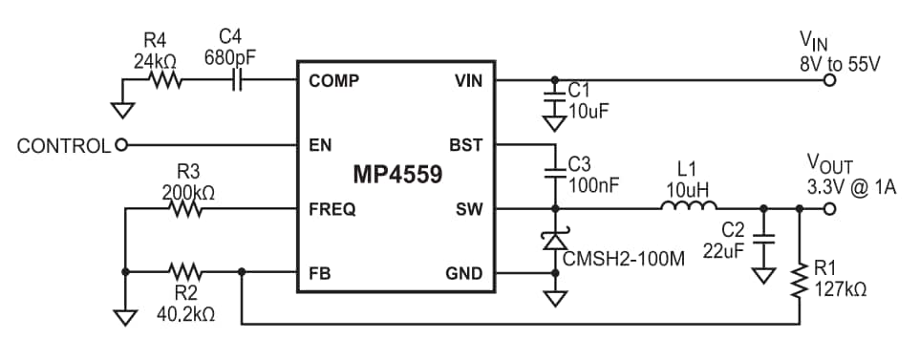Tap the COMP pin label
[x=333, y=81]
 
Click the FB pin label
[x=319, y=275]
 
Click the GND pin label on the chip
[x=463, y=275]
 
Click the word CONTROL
[x=63, y=146]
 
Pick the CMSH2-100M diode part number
[x=624, y=258]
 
